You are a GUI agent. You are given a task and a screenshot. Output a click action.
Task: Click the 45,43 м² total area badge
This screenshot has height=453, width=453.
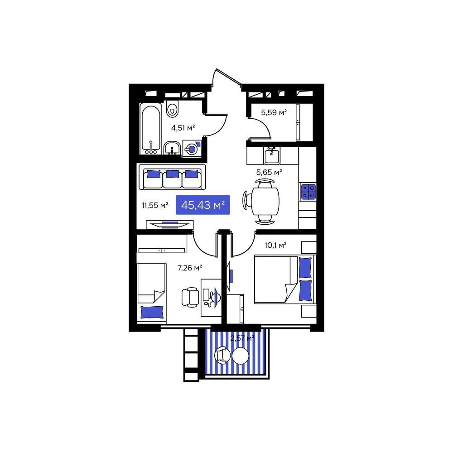pos(203,205)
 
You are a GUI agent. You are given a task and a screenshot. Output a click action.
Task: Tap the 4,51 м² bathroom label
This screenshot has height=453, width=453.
pos(183,128)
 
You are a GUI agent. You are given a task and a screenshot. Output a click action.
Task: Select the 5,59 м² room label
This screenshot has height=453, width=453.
pos(274,112)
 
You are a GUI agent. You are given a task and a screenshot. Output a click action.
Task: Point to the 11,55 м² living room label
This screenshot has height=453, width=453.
pos(155,205)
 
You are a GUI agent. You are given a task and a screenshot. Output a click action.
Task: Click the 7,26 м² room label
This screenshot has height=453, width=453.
pos(189,268)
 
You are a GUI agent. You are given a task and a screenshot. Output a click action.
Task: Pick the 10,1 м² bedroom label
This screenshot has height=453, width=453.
pos(275,245)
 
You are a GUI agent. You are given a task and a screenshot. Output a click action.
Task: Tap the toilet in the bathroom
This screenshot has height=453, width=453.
pos(173,109)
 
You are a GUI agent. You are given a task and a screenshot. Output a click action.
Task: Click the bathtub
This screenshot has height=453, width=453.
pos(151,129)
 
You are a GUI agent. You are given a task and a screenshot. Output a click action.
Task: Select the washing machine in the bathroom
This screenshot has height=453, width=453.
pos(192,149)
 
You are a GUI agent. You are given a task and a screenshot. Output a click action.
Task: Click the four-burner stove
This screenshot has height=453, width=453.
pos(308,192)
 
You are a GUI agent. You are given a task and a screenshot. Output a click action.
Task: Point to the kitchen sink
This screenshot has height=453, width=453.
pos(271,155)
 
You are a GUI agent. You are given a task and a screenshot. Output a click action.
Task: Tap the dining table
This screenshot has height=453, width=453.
pos(265,201)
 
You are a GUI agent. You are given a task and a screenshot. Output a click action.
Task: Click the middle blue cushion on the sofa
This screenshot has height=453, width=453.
pos(173,174)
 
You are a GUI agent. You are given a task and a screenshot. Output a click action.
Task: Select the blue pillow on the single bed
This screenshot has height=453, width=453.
pos(152,312)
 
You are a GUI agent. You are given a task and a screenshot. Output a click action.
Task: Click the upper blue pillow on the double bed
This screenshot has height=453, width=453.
pos(305,268)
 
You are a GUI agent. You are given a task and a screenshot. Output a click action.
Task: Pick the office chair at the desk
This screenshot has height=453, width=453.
pos(190,297)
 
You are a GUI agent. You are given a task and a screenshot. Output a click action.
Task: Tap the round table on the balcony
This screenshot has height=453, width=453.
pos(241,356)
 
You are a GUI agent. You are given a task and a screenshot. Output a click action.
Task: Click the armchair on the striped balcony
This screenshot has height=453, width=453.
pos(222,355)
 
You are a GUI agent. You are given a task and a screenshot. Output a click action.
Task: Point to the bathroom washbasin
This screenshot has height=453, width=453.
pos(172,149)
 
